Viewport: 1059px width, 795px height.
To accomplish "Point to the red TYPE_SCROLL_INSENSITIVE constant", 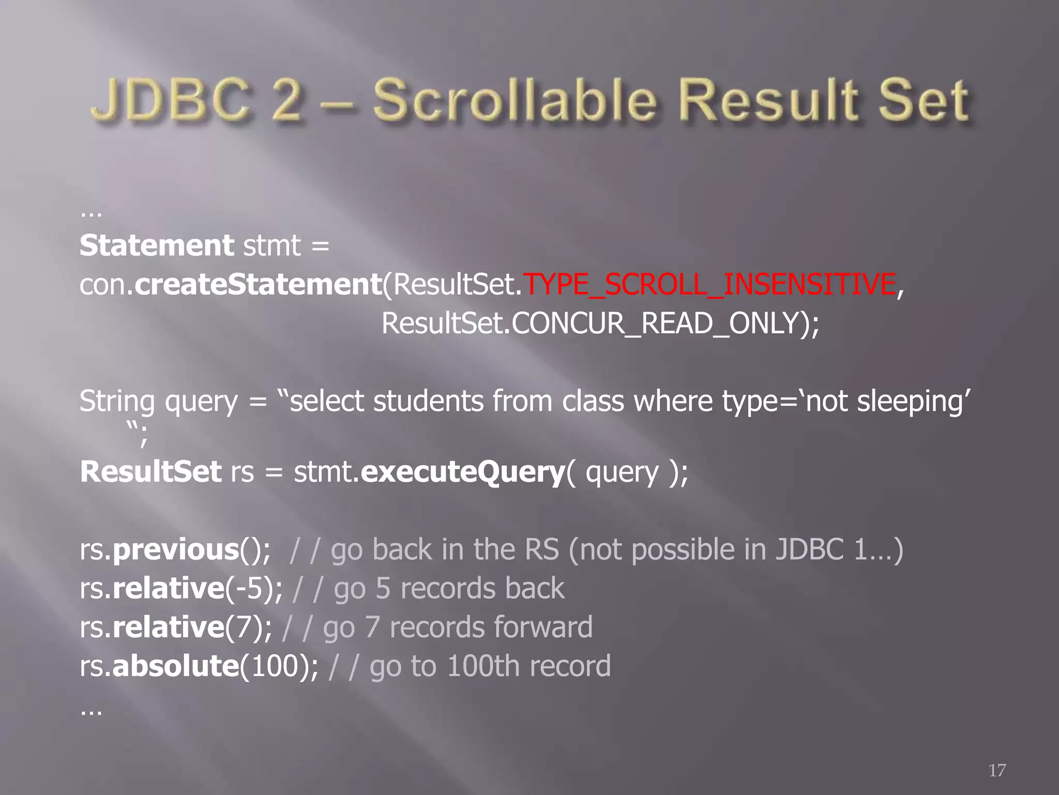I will (x=709, y=284).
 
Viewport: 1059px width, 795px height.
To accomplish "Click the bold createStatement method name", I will (x=258, y=284).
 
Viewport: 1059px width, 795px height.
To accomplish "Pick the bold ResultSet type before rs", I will (x=150, y=472).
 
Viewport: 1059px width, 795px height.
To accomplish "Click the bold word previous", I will (x=175, y=550).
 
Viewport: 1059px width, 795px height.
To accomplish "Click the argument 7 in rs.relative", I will (x=244, y=627).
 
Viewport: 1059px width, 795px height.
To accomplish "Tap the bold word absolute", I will (x=175, y=666).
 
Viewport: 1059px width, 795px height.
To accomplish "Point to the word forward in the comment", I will (x=542, y=627).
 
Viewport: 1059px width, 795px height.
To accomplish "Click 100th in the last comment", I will (x=483, y=666).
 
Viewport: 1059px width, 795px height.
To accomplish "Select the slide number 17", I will (x=997, y=770).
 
